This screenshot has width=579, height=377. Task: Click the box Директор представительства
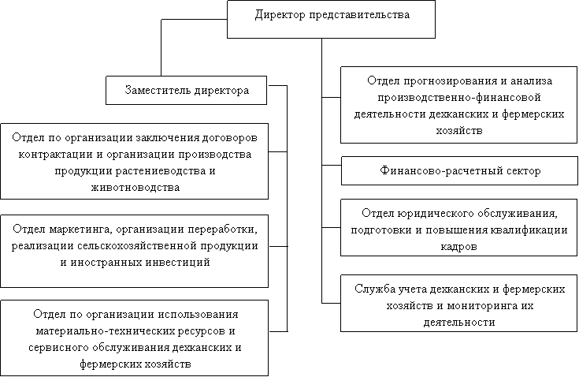click(x=331, y=19)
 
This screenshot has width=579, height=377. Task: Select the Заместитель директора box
click(x=186, y=90)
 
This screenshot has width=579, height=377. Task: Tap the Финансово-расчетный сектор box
click(x=459, y=171)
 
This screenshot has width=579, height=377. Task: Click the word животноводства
click(x=135, y=188)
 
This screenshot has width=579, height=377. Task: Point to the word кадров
click(x=458, y=247)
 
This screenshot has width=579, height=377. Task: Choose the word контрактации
click(x=55, y=155)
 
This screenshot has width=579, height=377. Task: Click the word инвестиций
click(x=177, y=263)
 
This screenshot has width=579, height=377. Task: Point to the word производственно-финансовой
click(x=459, y=98)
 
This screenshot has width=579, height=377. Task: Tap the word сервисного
click(x=59, y=348)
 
